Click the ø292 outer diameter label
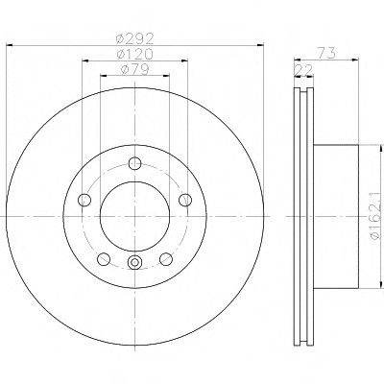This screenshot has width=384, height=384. click(x=135, y=38)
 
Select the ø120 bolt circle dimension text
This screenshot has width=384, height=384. click(x=135, y=54)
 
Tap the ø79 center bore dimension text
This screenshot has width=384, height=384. click(x=135, y=69)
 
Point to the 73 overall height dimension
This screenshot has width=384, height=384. click(x=327, y=53)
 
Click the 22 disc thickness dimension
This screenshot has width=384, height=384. click(x=303, y=71)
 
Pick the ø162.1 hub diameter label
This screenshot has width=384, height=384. click(x=375, y=216)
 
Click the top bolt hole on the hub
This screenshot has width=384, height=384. click(x=134, y=163)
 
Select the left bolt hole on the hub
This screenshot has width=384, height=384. click(x=84, y=200)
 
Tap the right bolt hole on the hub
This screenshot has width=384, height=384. click(x=185, y=200)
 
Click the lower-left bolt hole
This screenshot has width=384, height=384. click(x=104, y=259)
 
